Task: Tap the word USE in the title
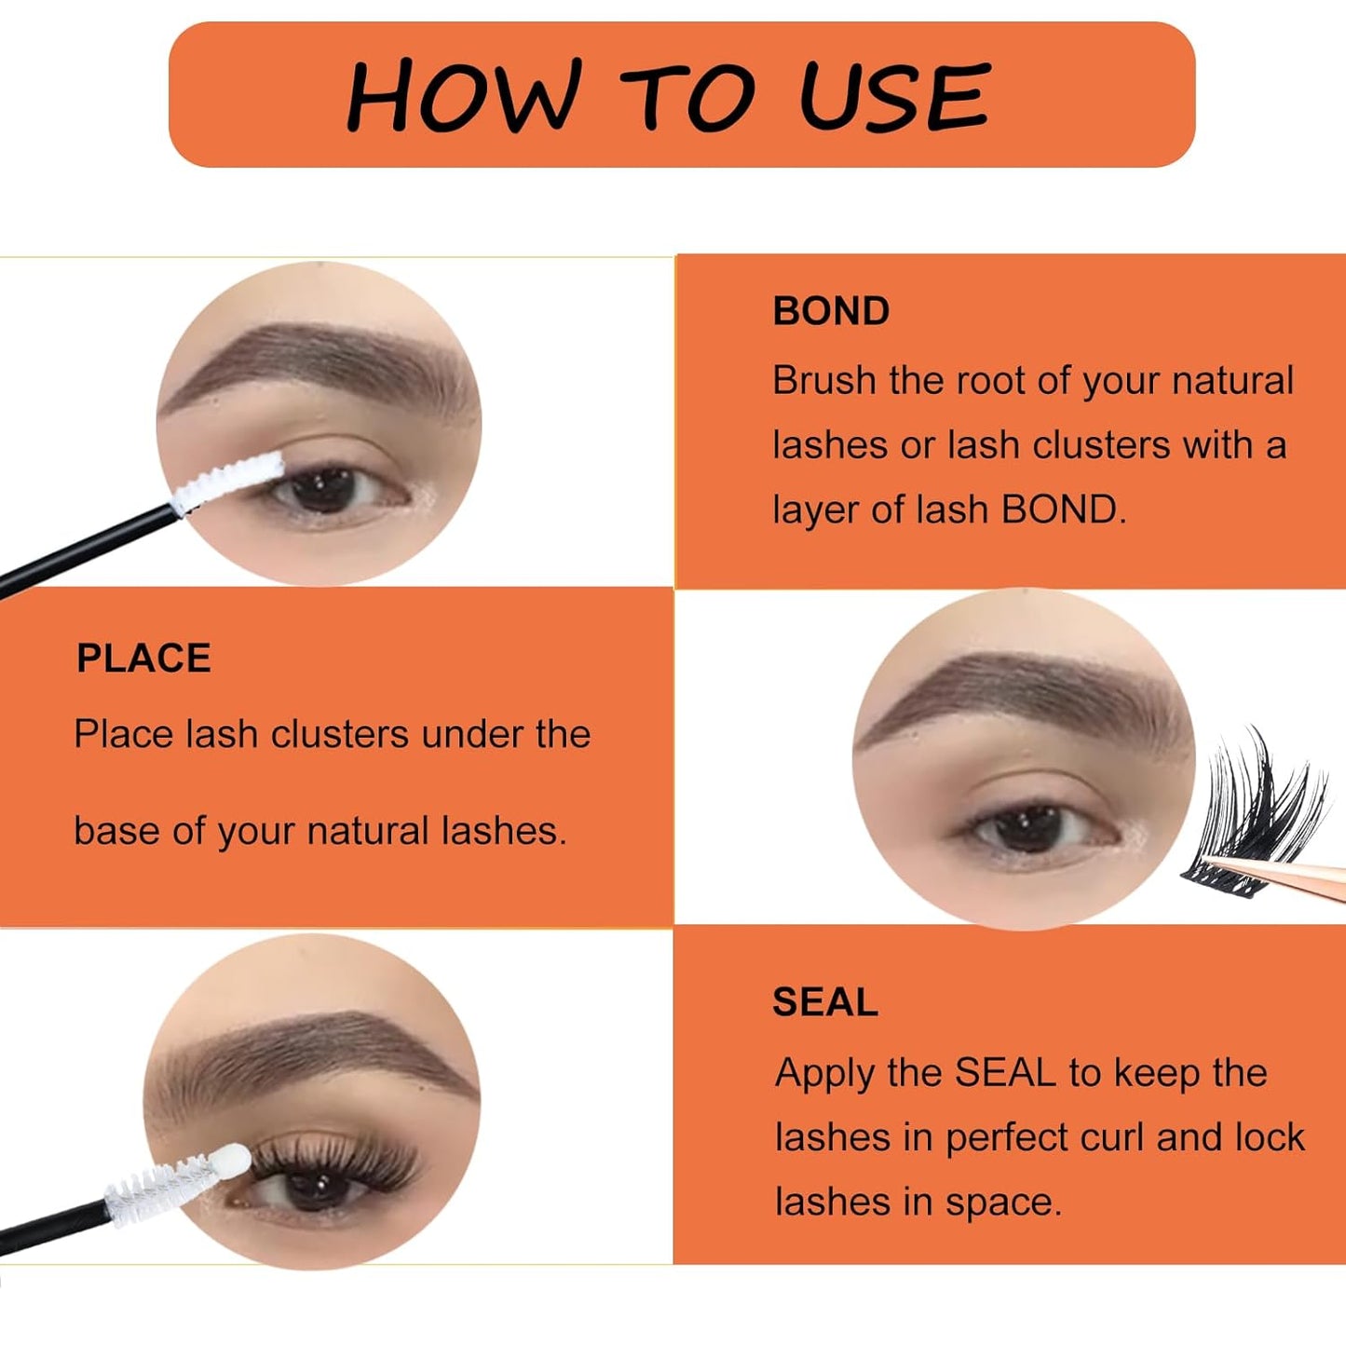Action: (x=893, y=95)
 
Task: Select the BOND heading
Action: (x=831, y=311)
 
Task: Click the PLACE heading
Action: (x=143, y=659)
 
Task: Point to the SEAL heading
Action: (x=824, y=1002)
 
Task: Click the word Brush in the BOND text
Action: (x=823, y=381)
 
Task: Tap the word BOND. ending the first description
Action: (x=1063, y=510)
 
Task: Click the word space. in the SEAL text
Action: (x=1003, y=1203)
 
